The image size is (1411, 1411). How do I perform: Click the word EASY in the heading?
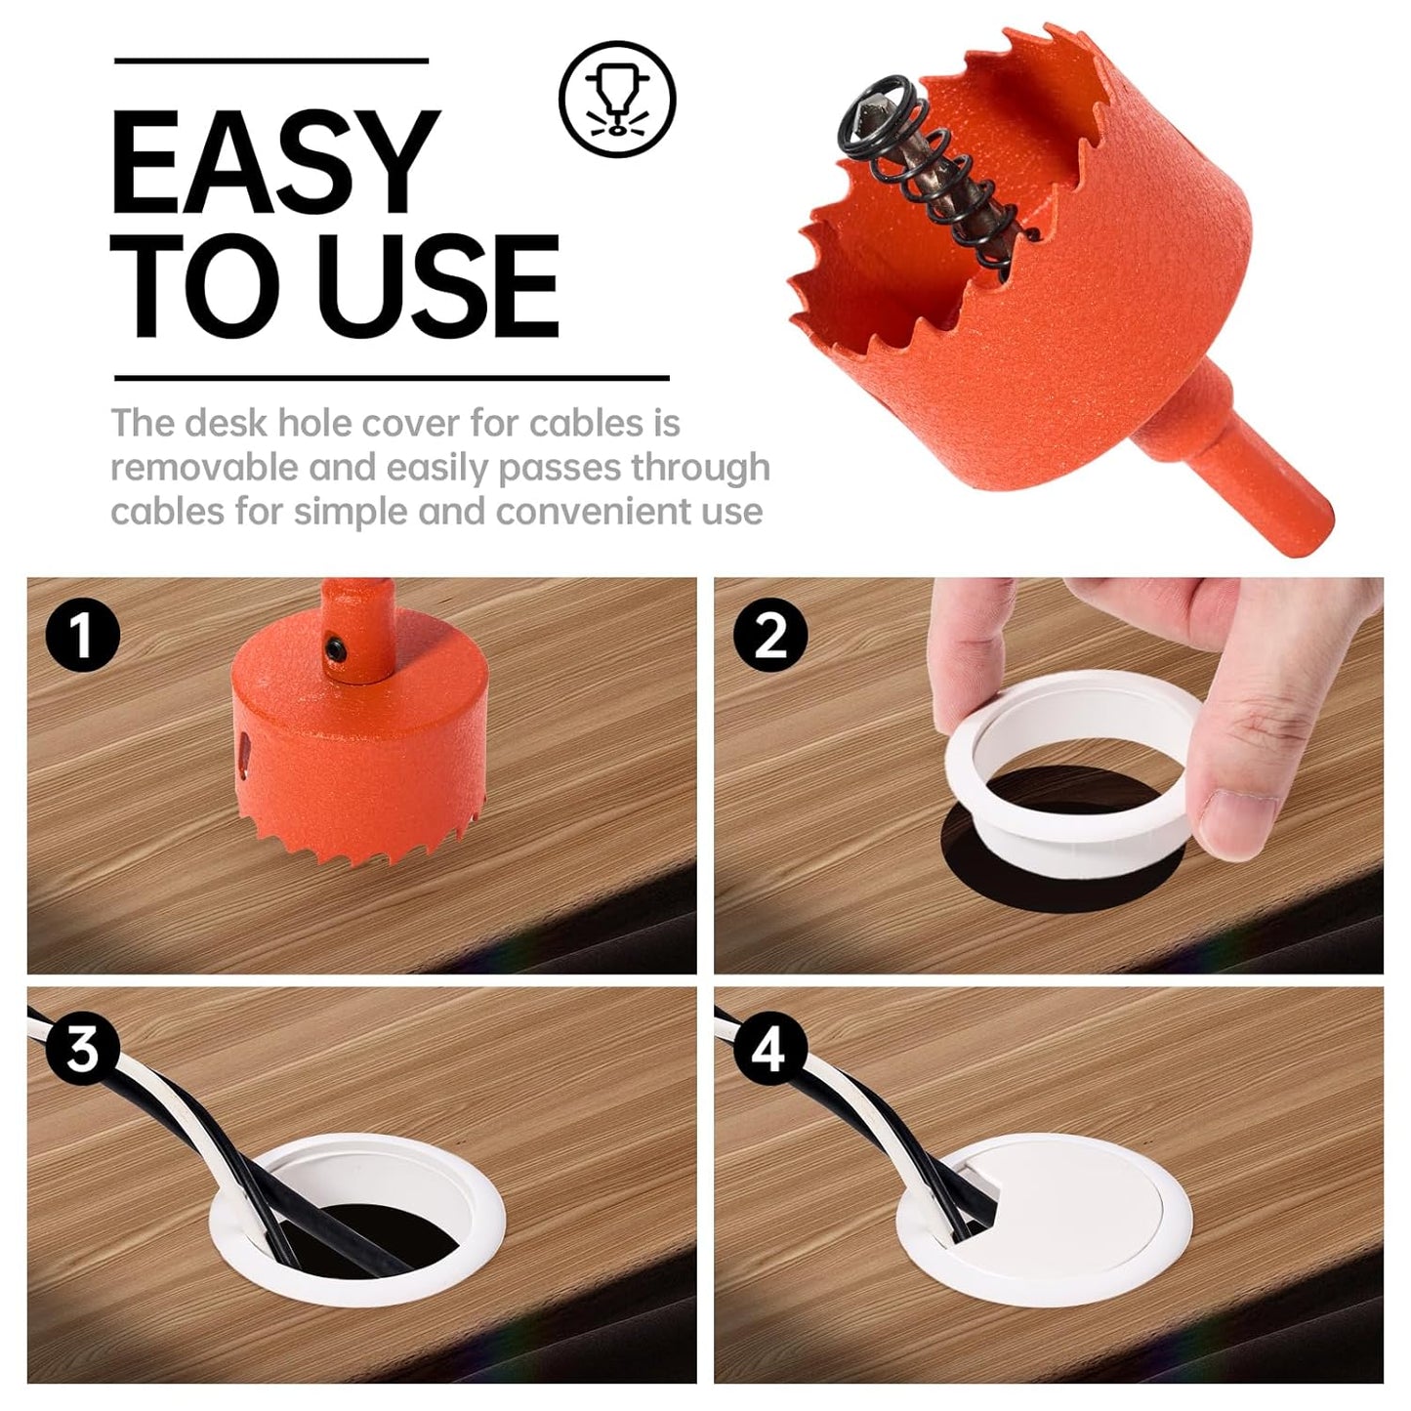coord(275,161)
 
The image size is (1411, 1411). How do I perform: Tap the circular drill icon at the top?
coord(616,99)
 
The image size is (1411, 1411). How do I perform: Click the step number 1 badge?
coord(82,634)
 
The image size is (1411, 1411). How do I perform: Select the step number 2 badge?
coord(770,634)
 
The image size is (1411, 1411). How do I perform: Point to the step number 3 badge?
coord(82,1050)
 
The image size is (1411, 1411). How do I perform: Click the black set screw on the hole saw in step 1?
coord(336,648)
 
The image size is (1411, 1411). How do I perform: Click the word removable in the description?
coord(203,467)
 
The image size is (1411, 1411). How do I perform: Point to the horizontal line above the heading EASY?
coord(270,61)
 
